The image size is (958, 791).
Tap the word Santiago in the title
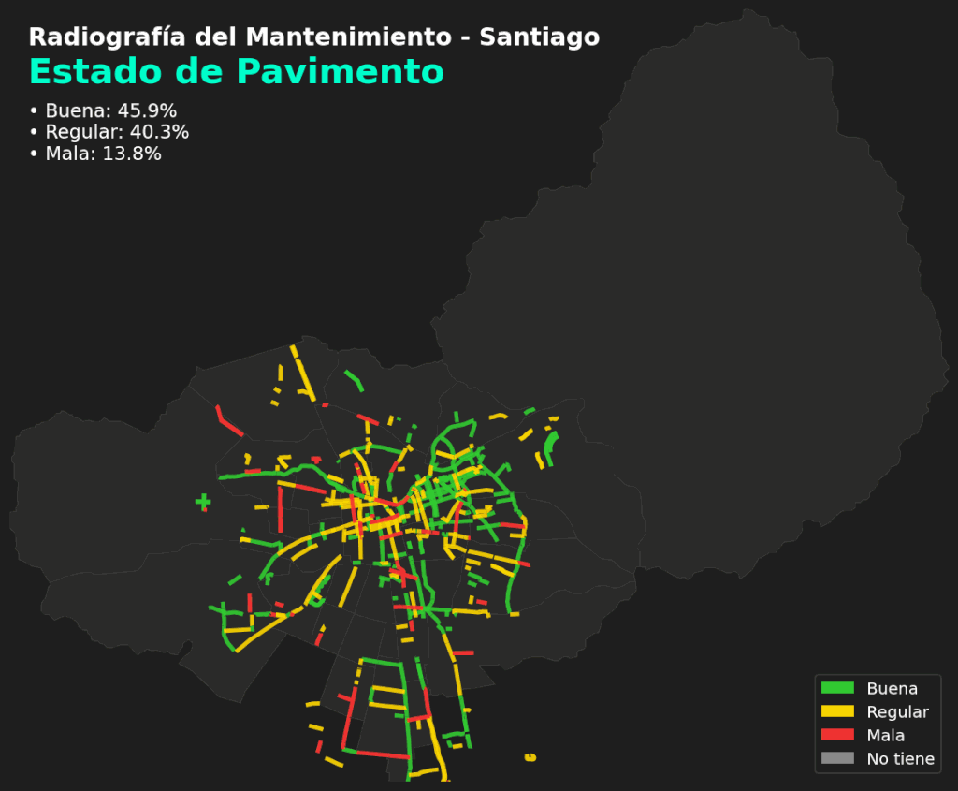tap(539, 37)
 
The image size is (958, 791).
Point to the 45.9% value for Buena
tap(147, 110)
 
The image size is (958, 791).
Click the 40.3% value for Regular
tap(159, 132)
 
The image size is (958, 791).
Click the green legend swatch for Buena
tap(837, 688)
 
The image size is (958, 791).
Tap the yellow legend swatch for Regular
tap(837, 711)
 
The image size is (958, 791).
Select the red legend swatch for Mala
tap(837, 735)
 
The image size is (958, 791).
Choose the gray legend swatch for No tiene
tap(837, 758)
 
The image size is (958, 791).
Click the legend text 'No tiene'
tap(900, 758)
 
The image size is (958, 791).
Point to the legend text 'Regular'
tap(897, 711)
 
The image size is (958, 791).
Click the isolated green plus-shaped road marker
tap(203, 503)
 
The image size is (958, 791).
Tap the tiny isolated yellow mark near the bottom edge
tap(530, 756)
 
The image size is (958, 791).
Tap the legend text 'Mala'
tap(885, 735)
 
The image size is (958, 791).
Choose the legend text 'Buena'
tap(892, 688)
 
